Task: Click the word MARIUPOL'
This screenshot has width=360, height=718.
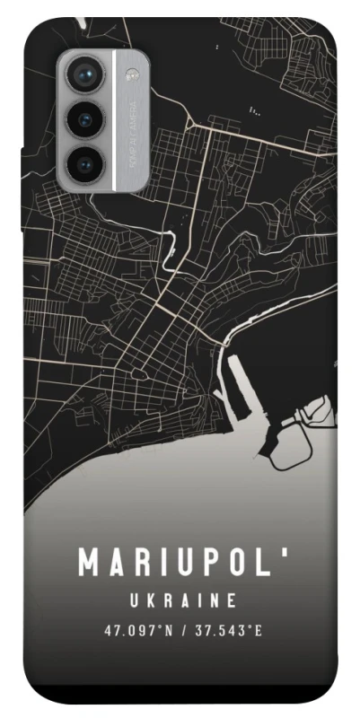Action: point(184,563)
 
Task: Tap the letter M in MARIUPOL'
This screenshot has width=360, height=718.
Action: point(90,564)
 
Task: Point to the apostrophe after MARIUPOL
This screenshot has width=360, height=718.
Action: point(286,553)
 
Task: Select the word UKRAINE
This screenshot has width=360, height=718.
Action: point(181,600)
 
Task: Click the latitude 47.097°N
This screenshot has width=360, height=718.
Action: point(139,630)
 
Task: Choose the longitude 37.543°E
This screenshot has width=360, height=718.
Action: point(229,630)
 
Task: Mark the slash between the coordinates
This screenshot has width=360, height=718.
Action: point(184,630)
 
